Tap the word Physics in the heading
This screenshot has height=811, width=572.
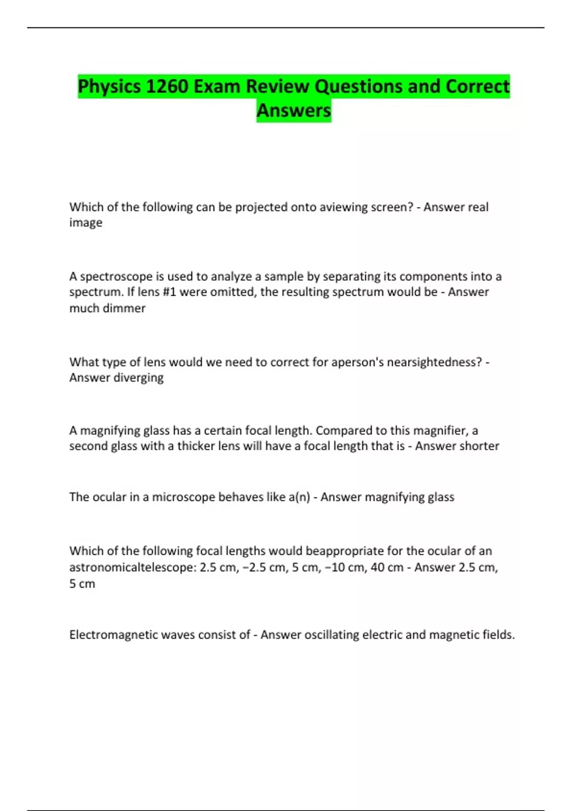[109, 87]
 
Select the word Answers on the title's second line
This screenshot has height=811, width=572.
[294, 111]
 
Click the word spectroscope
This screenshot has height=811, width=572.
[116, 277]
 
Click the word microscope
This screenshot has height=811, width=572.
[184, 497]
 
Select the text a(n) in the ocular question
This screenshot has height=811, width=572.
[299, 497]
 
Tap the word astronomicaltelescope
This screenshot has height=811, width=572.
[130, 568]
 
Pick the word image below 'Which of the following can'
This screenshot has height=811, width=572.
[86, 223]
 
